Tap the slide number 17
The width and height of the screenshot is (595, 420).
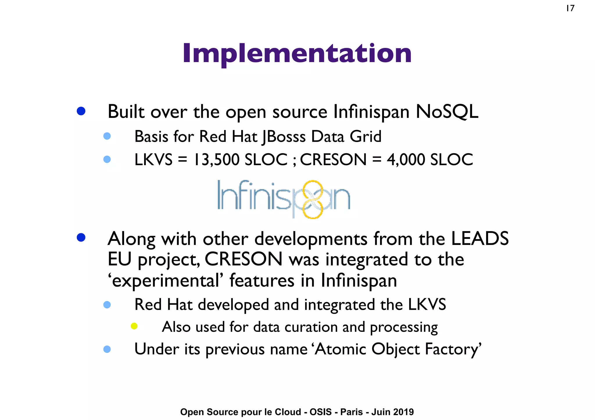tap(570, 8)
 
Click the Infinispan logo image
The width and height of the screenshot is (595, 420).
tap(284, 199)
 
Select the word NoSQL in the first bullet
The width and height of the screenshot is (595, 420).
tap(447, 112)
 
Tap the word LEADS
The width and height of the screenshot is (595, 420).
tap(479, 239)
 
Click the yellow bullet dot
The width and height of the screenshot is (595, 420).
tap(134, 326)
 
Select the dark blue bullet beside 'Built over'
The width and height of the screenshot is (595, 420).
tap(81, 111)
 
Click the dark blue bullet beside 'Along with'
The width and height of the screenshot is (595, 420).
tap(81, 237)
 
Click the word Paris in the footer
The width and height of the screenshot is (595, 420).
tap(352, 412)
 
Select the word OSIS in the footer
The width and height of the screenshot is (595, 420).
tap(320, 412)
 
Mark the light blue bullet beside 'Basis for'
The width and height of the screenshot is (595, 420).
tap(107, 136)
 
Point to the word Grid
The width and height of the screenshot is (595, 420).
tap(365, 136)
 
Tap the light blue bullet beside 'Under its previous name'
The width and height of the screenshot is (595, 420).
tap(107, 349)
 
